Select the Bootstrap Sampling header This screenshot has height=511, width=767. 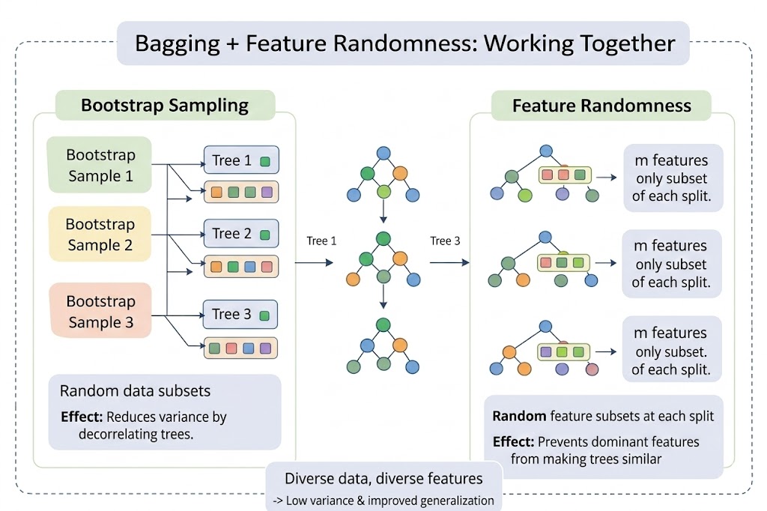coord(165,105)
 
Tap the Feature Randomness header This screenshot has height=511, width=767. coord(601,106)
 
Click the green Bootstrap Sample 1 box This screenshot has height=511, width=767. coord(100,166)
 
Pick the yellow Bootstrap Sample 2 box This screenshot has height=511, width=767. coord(100,235)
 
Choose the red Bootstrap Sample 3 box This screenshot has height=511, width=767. coord(100,312)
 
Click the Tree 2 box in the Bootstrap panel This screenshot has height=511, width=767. coord(240,234)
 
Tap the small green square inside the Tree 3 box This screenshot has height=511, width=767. coord(264,315)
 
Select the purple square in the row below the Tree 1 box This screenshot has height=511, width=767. coord(267,193)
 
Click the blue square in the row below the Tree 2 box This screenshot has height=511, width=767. coord(249,267)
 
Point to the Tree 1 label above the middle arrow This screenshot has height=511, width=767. coord(321,241)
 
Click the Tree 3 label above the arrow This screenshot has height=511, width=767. coord(445,241)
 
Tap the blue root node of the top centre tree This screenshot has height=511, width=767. coord(383,153)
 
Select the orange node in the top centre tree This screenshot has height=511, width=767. coord(400,173)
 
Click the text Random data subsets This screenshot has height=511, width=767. coord(135,391)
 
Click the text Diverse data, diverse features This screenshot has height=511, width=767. coord(383,479)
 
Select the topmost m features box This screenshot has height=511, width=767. coord(672,178)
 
